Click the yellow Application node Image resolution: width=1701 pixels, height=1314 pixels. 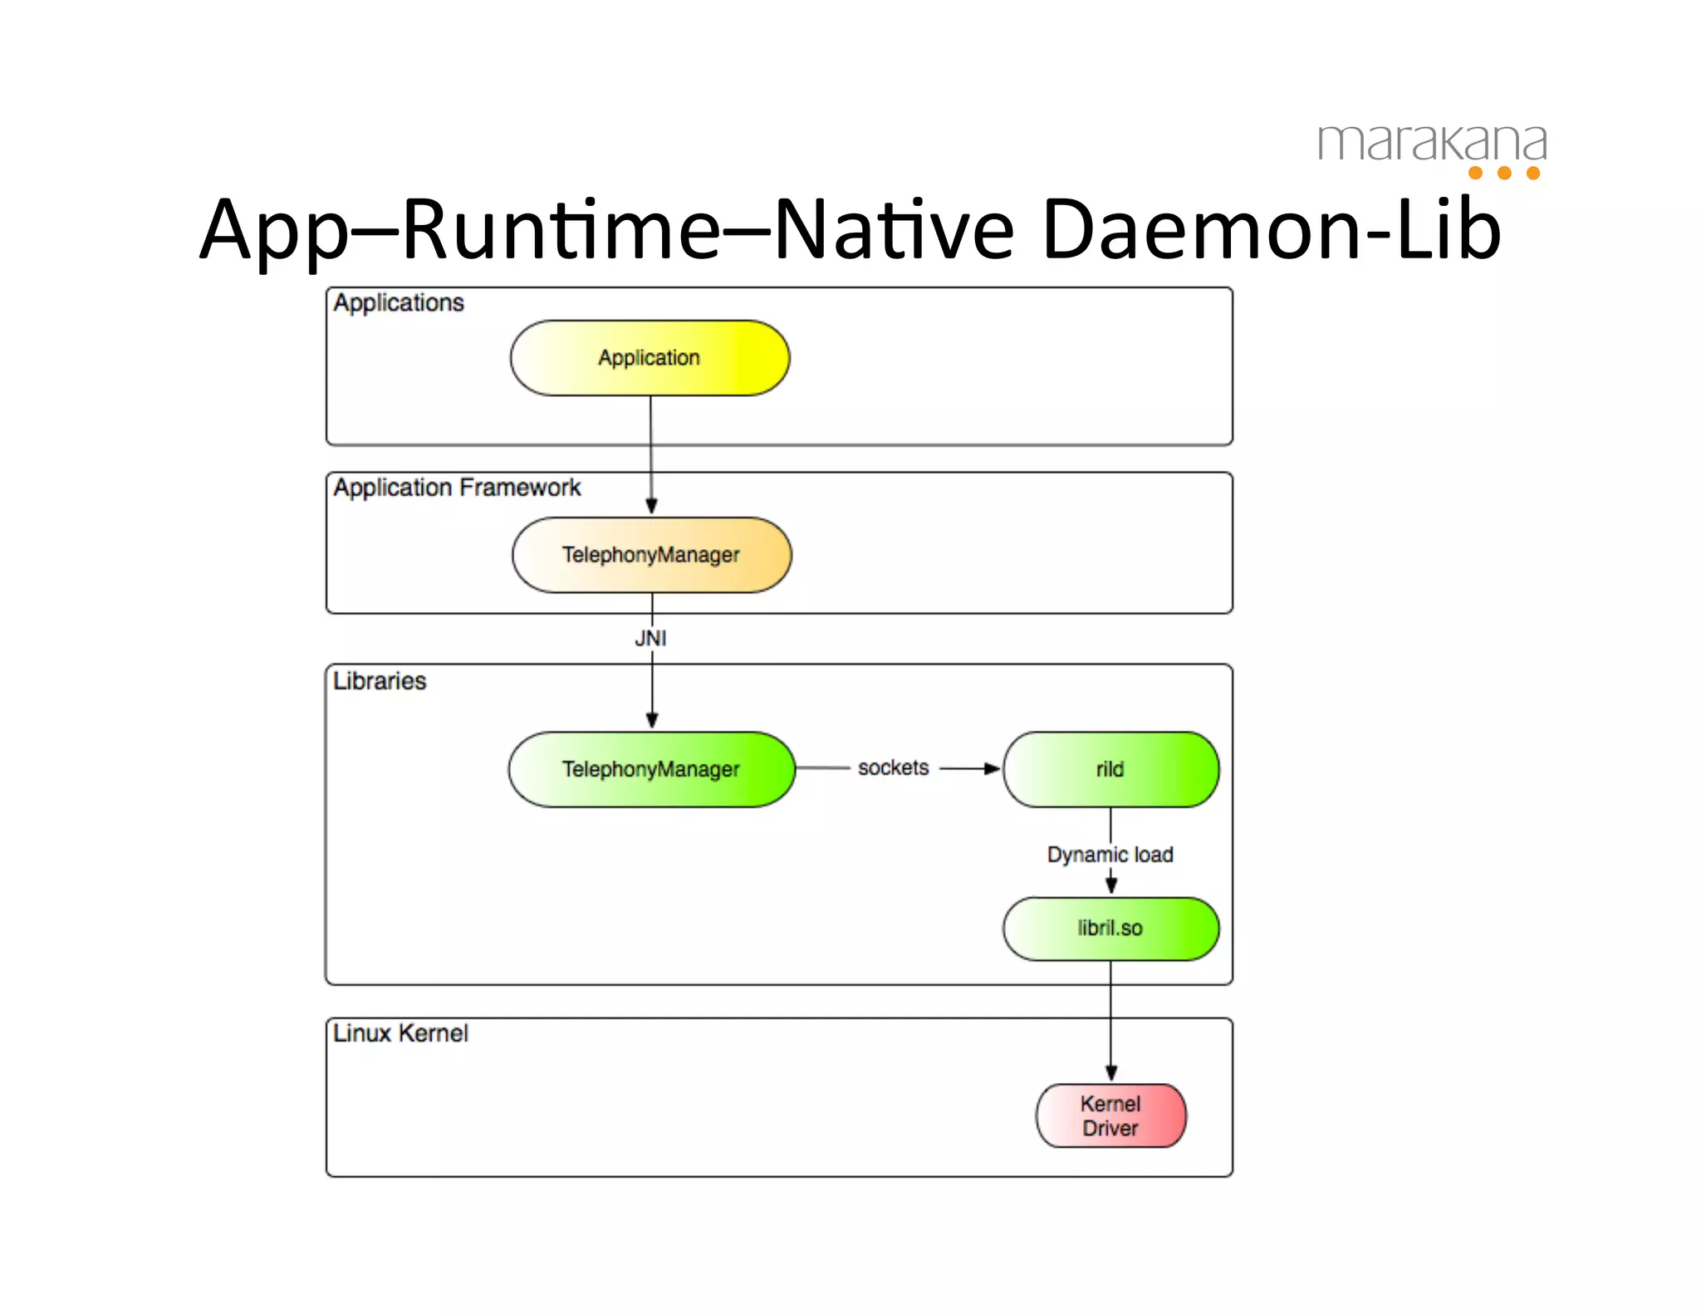[x=650, y=358]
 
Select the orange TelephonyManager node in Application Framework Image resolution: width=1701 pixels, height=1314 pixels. [x=651, y=555]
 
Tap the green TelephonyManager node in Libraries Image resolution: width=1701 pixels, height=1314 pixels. [x=651, y=769]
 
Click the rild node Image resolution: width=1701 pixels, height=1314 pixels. [x=1110, y=769]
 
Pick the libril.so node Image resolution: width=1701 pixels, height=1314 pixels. [x=1110, y=928]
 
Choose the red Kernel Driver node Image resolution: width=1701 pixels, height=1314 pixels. [x=1110, y=1115]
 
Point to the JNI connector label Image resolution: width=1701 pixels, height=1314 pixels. [x=650, y=638]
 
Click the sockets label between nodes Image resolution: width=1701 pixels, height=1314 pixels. [x=893, y=767]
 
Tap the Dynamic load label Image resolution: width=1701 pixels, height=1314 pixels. [x=1110, y=854]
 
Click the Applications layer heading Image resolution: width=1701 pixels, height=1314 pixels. [x=399, y=303]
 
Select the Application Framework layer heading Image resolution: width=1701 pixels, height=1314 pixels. [x=457, y=488]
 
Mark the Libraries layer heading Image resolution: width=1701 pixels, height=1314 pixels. [x=380, y=681]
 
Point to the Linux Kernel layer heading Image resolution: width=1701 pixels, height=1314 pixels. [x=400, y=1033]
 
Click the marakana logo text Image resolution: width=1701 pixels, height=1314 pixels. [x=1432, y=143]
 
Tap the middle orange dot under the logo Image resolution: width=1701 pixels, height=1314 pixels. [x=1504, y=173]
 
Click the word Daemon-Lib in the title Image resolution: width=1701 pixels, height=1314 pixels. [x=1271, y=229]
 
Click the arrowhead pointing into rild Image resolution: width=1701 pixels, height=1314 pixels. [x=992, y=768]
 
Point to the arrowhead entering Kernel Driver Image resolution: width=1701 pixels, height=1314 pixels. [x=1110, y=1073]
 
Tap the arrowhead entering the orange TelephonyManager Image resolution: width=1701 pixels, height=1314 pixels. [x=651, y=506]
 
